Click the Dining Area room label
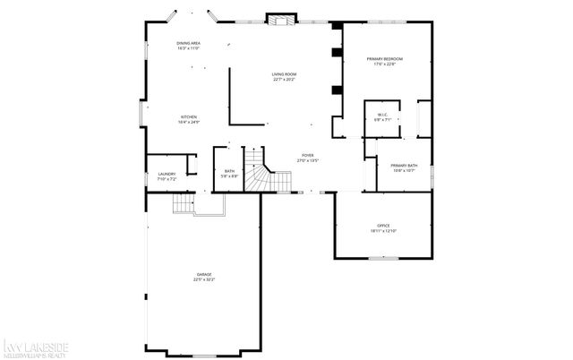[x=188, y=43]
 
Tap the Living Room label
[x=285, y=74]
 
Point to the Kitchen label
[x=189, y=117]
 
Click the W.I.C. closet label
[x=381, y=115]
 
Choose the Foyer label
[x=307, y=156]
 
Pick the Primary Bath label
[x=403, y=166]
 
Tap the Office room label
[x=383, y=225]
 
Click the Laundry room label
[x=167, y=174]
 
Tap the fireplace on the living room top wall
[x=280, y=20]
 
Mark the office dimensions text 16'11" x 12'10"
[x=383, y=230]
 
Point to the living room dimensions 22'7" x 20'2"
[x=285, y=80]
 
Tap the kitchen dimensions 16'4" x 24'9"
[x=189, y=123]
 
